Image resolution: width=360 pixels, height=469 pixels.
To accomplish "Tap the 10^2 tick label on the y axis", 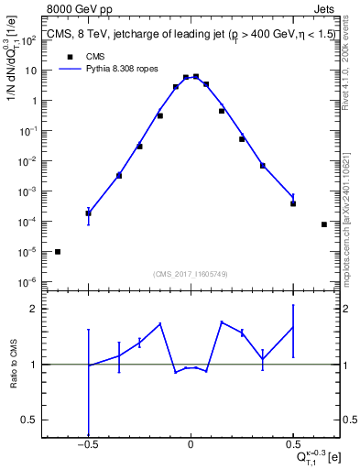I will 28,40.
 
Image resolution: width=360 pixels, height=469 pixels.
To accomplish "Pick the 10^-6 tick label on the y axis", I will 28,281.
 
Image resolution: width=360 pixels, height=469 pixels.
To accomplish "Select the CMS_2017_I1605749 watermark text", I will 190,274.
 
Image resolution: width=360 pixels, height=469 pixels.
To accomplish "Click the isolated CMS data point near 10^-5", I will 58,252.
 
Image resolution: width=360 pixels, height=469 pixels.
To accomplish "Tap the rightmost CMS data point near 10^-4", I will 324,224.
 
